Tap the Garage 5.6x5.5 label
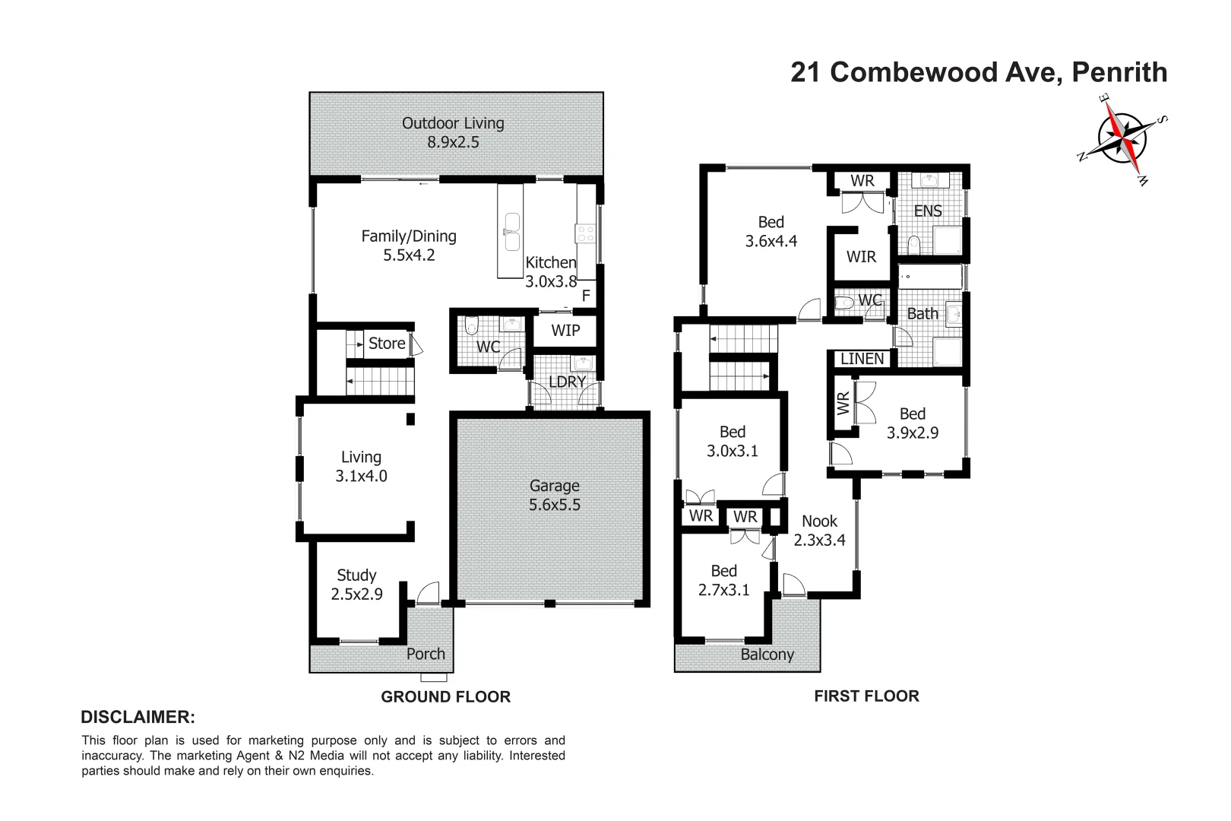click(x=555, y=495)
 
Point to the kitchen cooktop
click(x=586, y=233)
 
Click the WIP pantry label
click(x=565, y=330)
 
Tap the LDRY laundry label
click(x=567, y=382)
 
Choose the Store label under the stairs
click(x=387, y=344)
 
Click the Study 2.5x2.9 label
click(x=356, y=585)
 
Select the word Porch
click(x=426, y=654)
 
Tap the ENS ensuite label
click(x=928, y=211)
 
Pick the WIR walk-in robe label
click(x=861, y=257)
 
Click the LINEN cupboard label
click(x=862, y=359)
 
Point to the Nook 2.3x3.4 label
click(x=819, y=531)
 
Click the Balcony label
click(x=767, y=655)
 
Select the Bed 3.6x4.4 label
click(x=771, y=232)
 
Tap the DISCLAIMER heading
click(x=138, y=717)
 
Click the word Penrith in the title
click(x=1119, y=72)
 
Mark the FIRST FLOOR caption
click(x=866, y=696)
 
